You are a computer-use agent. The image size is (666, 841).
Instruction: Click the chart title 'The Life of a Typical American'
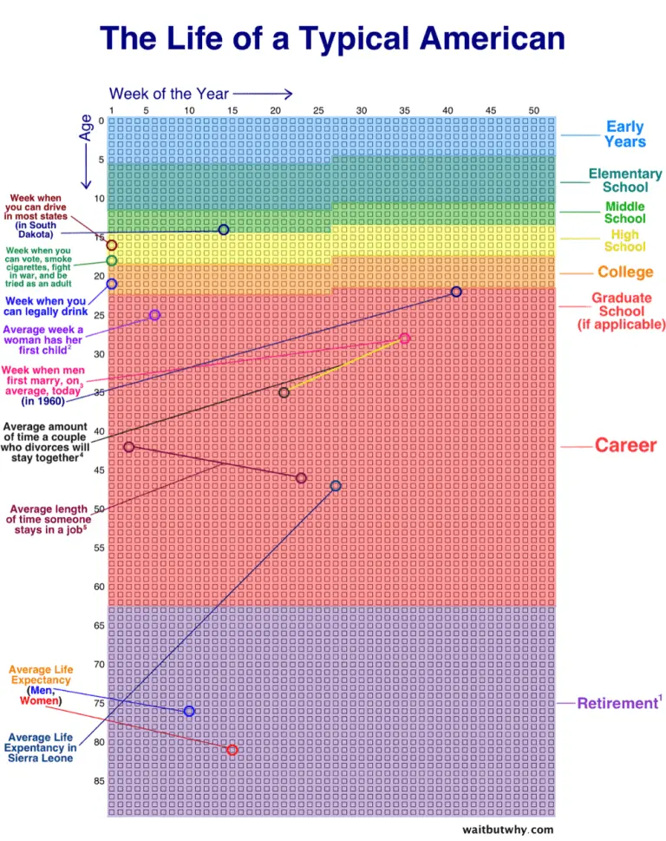(332, 38)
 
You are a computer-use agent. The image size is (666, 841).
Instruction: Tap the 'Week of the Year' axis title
(169, 94)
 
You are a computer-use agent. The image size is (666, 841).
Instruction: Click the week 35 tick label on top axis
(404, 110)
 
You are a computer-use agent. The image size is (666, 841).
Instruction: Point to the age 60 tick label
(99, 587)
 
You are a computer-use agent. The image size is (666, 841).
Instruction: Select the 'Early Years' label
(625, 134)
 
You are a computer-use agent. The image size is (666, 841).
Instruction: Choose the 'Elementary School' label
(625, 181)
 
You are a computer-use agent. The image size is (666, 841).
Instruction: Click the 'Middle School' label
(625, 213)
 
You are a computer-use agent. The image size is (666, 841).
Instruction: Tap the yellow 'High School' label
(625, 240)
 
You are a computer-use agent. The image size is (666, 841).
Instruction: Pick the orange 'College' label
(625, 272)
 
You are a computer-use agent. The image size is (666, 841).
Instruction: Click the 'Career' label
(625, 445)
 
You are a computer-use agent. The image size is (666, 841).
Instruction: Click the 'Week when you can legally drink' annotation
(46, 306)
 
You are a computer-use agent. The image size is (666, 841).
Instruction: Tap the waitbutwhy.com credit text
(508, 830)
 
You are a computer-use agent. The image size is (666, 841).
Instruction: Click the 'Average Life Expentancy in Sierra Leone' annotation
(40, 747)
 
